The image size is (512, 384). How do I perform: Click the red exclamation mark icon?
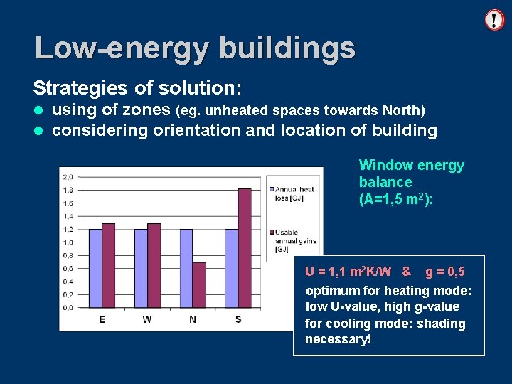pyautogui.click(x=494, y=19)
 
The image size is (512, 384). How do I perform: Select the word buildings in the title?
pyautogui.click(x=287, y=48)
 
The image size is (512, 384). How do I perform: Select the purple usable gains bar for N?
pyautogui.click(x=199, y=284)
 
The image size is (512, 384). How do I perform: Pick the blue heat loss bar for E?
pyautogui.click(x=95, y=268)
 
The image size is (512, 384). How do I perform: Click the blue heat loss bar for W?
pyautogui.click(x=141, y=268)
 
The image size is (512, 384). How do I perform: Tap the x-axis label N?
pyautogui.click(x=193, y=319)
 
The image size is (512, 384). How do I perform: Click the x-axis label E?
pyautogui.click(x=102, y=319)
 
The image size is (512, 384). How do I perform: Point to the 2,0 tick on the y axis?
pyautogui.click(x=68, y=176)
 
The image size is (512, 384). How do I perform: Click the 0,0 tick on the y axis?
pyautogui.click(x=68, y=307)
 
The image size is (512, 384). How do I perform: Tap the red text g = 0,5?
pyautogui.click(x=445, y=272)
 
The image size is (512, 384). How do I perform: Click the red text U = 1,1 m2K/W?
pyautogui.click(x=348, y=272)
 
